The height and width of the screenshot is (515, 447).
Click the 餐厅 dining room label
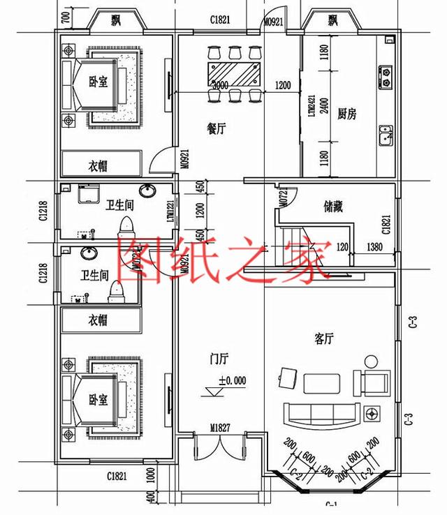coord(216,128)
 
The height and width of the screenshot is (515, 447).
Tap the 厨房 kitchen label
coord(346,114)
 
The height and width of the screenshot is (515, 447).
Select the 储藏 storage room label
coord(332,207)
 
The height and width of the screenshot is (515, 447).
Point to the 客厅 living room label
coord(323,339)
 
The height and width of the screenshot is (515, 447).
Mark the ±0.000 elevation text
coord(232,381)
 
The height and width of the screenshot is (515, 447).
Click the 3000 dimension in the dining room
coord(219,86)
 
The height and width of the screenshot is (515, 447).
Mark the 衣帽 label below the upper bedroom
coord(98,166)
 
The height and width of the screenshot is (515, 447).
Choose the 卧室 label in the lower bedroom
coord(98,400)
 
